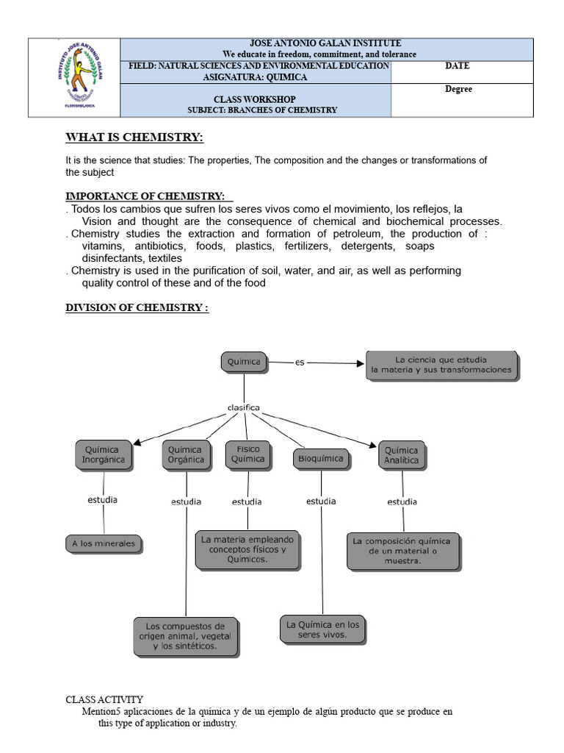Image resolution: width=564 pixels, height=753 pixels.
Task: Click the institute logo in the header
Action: click(76, 77)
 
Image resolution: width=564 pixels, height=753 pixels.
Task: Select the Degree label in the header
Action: click(458, 89)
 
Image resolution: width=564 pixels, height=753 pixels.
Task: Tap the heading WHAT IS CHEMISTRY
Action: click(134, 138)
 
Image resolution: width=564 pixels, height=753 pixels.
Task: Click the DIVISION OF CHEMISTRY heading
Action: click(137, 307)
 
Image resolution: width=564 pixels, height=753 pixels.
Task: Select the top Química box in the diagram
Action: click(245, 362)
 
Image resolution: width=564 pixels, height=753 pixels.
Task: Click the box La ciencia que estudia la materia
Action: click(442, 365)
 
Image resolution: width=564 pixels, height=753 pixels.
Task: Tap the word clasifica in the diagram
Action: click(243, 407)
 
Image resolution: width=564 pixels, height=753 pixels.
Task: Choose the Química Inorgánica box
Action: click(104, 455)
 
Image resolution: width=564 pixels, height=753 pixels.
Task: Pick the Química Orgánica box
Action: click(186, 455)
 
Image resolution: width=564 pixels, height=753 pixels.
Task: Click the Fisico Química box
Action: click(247, 454)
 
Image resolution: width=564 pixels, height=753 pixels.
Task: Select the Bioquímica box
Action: click(319, 458)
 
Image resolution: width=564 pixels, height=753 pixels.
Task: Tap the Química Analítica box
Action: click(401, 455)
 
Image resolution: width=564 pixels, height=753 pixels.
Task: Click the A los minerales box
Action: click(104, 544)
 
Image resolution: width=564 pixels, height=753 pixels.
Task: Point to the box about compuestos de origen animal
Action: click(186, 636)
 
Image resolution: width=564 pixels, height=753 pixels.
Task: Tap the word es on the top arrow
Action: click(299, 362)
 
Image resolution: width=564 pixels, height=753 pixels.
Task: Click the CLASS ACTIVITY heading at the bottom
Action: click(105, 699)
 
